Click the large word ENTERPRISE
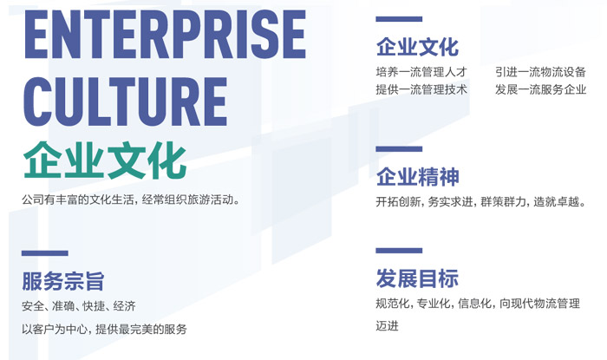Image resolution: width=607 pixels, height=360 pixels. point(166,35)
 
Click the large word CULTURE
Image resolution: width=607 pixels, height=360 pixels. point(126,102)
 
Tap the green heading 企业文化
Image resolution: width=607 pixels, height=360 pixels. point(105,160)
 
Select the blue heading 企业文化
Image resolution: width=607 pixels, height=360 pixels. point(417,47)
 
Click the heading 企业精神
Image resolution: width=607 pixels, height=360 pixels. point(418,177)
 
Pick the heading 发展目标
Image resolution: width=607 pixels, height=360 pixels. point(417,278)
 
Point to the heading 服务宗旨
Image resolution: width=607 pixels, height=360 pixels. point(63,281)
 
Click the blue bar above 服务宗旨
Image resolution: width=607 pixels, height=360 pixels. point(45,253)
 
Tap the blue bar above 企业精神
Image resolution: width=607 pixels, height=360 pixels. point(399,149)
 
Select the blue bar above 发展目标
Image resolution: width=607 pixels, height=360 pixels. point(399,251)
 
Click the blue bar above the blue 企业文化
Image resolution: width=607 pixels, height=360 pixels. point(399,19)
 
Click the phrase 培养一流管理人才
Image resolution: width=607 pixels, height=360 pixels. point(421,72)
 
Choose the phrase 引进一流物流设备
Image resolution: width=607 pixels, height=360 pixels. point(540,72)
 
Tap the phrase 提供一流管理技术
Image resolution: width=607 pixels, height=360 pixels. point(421,90)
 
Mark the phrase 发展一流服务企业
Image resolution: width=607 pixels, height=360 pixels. point(540,90)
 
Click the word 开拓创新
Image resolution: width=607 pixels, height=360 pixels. point(398,201)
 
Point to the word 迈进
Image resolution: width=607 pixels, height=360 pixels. point(387,325)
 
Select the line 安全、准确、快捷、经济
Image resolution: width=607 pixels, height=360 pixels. point(79,306)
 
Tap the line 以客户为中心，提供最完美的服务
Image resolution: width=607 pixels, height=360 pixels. point(105,329)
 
